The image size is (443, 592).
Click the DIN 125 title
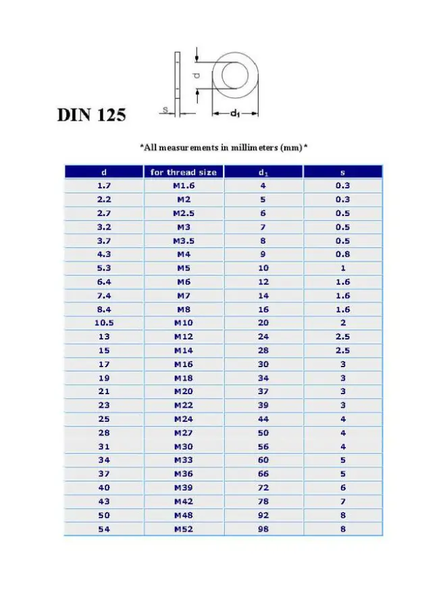91,115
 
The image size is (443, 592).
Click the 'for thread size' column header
183,172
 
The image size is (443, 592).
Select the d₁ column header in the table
263,172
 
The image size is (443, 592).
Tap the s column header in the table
342,172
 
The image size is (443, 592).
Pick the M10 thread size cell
183,323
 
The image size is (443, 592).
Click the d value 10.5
104,323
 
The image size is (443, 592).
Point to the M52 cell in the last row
183,529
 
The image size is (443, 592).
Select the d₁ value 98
263,529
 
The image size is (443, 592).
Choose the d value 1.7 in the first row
104,186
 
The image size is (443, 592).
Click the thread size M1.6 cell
183,186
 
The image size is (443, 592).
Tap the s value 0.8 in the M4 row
342,254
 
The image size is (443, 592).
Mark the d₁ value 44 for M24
263,419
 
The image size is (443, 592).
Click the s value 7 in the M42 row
342,502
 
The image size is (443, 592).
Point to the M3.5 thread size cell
183,240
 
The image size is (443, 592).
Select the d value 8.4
104,309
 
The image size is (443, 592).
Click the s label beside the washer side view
164,108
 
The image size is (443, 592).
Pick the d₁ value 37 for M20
263,392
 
